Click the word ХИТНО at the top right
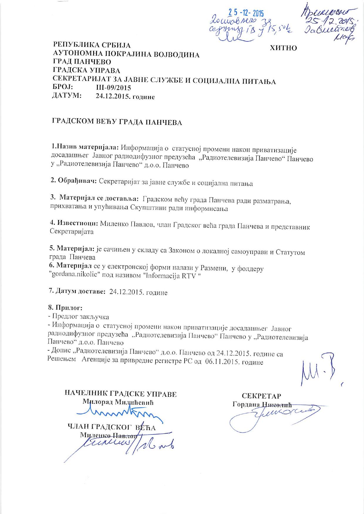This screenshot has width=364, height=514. point(283,48)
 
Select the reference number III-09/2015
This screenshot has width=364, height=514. point(113,88)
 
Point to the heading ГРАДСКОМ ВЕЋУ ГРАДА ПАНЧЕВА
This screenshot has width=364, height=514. point(117,122)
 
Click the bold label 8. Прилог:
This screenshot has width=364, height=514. point(65,308)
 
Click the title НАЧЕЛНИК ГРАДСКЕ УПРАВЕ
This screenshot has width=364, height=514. point(121,394)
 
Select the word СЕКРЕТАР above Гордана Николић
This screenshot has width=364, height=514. point(261,395)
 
